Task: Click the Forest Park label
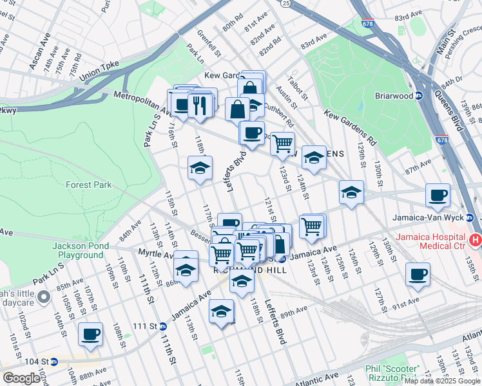[x=88, y=185]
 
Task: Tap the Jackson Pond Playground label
[x=77, y=250]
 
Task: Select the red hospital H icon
[x=476, y=241]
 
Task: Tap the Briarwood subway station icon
[x=418, y=96]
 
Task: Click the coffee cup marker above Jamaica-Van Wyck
[x=438, y=195]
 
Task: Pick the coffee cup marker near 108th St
[x=90, y=335]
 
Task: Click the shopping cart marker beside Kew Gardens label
[x=282, y=144]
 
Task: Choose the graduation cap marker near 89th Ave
[x=221, y=313]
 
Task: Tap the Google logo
[x=22, y=378]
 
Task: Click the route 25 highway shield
[x=284, y=3]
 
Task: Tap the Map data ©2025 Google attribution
[x=442, y=381]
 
